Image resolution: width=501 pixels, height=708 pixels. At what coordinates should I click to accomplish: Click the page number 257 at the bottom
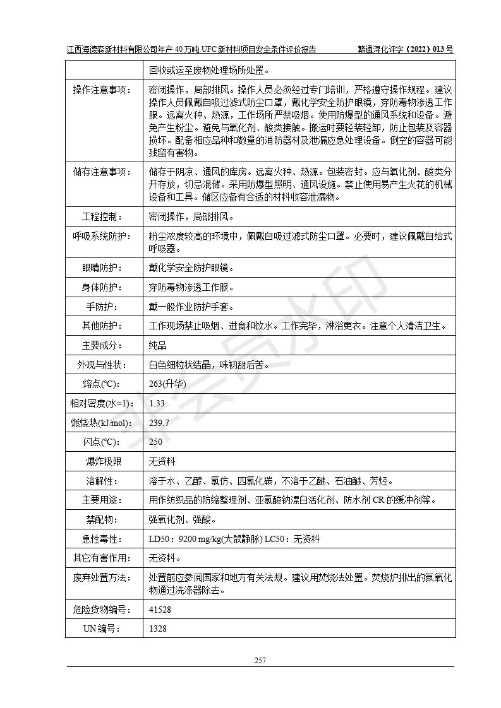(x=260, y=661)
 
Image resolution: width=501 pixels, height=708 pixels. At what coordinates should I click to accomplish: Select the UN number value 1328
(x=158, y=628)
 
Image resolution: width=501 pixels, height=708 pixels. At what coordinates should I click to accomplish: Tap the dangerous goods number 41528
(x=160, y=610)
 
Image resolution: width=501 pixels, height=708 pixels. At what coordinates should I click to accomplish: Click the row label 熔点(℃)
(x=104, y=384)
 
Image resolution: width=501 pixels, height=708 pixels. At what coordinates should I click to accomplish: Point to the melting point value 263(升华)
(x=166, y=384)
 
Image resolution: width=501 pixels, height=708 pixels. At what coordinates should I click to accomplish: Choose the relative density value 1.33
(x=157, y=403)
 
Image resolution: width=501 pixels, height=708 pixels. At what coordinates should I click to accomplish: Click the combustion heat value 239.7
(x=159, y=423)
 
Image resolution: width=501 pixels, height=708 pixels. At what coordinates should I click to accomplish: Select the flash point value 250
(x=156, y=442)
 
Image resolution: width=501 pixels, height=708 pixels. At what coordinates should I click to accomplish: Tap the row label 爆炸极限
(x=104, y=461)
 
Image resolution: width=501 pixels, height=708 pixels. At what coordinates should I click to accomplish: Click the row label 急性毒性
(x=104, y=539)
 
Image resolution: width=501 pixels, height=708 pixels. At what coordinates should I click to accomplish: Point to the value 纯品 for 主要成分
(x=158, y=345)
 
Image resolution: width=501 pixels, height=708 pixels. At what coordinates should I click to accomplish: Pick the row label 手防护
(x=104, y=307)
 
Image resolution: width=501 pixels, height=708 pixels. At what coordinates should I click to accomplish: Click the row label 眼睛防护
(x=104, y=268)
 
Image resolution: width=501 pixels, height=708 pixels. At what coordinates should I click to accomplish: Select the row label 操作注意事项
(x=104, y=90)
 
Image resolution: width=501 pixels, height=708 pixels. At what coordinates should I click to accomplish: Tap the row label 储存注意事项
(x=104, y=172)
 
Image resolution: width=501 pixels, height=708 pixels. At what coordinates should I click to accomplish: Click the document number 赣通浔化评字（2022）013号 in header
(x=406, y=49)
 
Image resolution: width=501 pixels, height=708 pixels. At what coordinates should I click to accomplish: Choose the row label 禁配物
(x=104, y=519)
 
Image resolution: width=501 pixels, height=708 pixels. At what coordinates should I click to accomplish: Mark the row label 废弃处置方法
(x=104, y=577)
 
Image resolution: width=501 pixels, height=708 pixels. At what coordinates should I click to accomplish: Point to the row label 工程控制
(x=104, y=216)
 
